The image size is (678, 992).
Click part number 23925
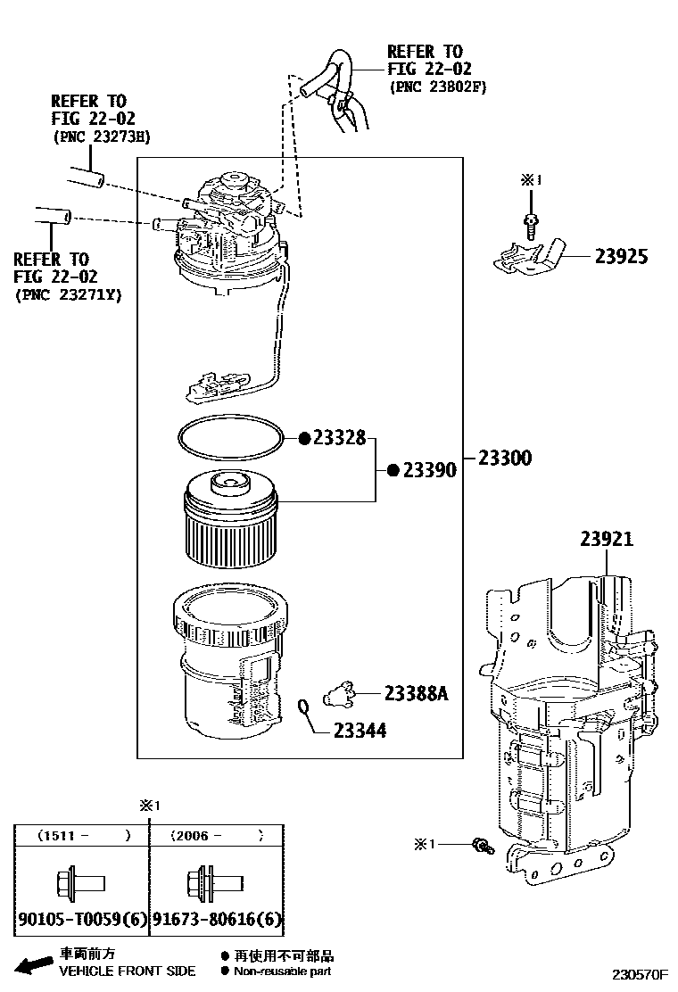pos(622,257)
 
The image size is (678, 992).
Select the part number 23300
pos(504,459)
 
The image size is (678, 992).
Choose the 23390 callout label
pos(429,470)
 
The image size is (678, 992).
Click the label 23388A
pos(416,692)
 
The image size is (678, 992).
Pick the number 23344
pos(360,731)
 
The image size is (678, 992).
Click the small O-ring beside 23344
pos(304,708)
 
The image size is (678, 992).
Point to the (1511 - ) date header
pos(81,837)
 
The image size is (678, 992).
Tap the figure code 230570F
pos(640,976)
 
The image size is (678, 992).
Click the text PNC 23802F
pos(437,87)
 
